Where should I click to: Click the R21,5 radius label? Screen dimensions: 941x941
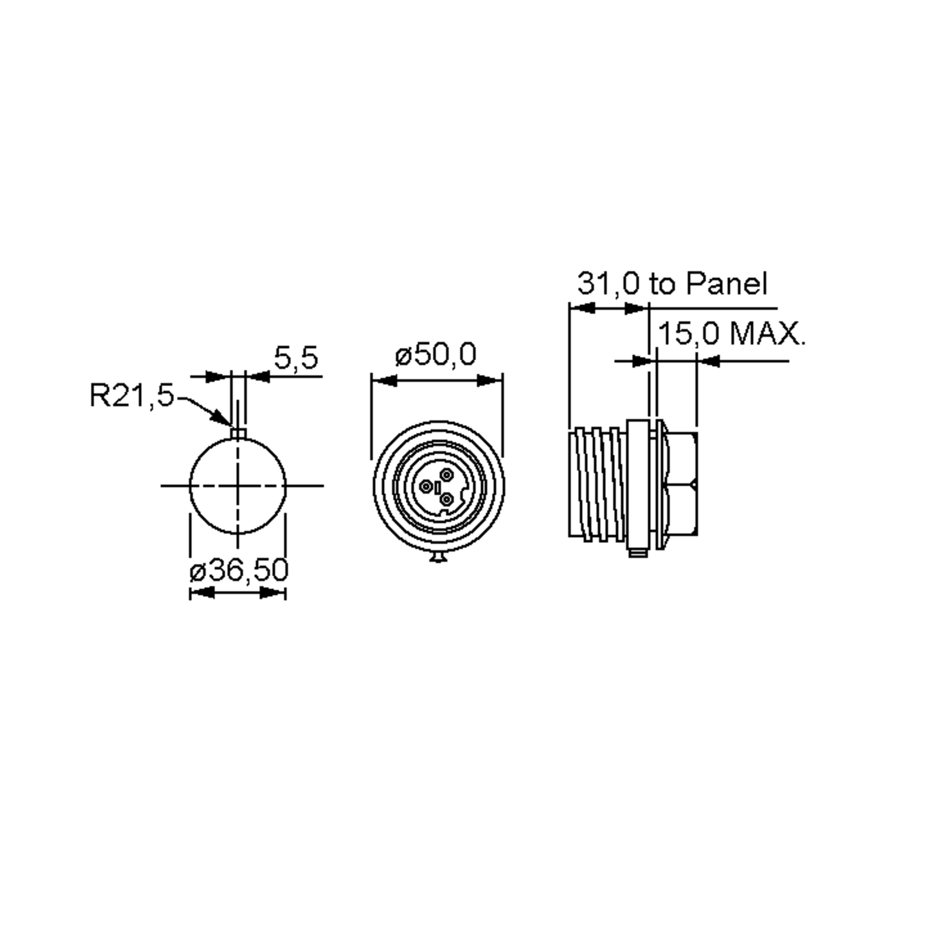click(131, 395)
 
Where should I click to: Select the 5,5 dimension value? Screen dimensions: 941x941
click(296, 358)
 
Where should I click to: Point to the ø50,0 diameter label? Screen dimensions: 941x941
click(436, 354)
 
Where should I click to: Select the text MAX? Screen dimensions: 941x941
click(768, 334)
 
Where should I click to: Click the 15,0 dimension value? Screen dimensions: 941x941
click(688, 334)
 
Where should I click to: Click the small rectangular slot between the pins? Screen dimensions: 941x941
click(438, 487)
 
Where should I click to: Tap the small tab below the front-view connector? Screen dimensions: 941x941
click(438, 557)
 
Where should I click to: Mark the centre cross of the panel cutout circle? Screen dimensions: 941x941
click(238, 486)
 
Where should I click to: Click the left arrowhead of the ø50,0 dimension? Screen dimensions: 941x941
click(385, 381)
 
